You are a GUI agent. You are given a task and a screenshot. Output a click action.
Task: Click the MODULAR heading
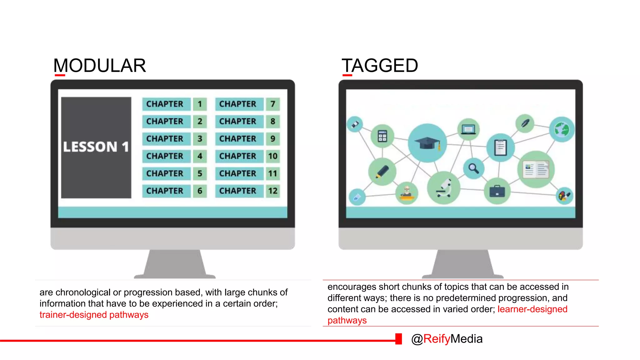tap(99, 66)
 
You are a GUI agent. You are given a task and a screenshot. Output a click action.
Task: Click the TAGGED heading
tap(380, 66)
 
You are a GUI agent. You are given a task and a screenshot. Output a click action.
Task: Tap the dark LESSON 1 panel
tap(96, 147)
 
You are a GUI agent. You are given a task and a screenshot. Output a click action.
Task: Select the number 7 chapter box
tap(273, 104)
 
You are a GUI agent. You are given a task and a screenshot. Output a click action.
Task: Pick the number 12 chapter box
tap(273, 191)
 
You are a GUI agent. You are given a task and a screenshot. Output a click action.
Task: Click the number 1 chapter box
tap(200, 104)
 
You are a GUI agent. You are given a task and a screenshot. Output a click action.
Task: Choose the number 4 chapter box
tap(200, 156)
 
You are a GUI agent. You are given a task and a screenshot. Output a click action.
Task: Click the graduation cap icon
tap(427, 143)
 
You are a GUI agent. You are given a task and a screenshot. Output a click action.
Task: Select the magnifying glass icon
tap(473, 168)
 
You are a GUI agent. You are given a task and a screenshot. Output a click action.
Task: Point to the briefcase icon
tap(497, 191)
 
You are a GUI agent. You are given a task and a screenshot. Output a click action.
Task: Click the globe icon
tap(562, 129)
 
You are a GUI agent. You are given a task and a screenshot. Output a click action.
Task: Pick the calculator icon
tap(382, 136)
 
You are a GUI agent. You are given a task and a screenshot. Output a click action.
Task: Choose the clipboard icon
tap(500, 147)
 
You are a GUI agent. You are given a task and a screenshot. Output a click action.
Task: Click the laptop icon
tap(468, 129)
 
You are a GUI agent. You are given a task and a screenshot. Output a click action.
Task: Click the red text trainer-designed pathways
tap(94, 315)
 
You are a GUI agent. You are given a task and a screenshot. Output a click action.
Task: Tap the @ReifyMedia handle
tap(447, 339)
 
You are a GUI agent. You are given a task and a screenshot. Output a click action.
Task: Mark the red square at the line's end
tap(398, 339)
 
